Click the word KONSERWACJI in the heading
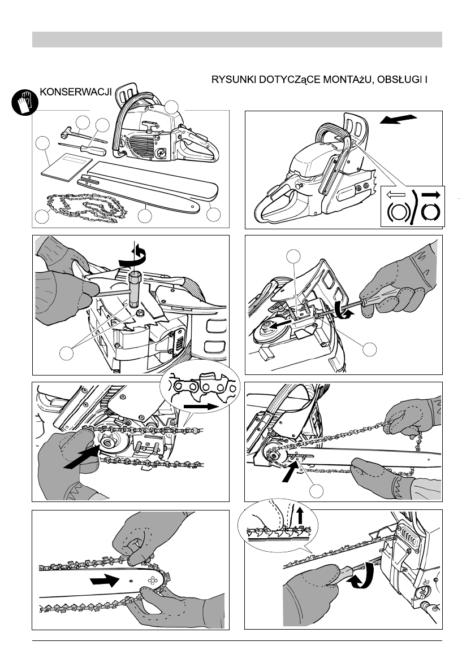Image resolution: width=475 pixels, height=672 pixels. pyautogui.click(x=76, y=92)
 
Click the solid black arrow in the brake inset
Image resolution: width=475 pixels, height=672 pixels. pyautogui.click(x=431, y=194)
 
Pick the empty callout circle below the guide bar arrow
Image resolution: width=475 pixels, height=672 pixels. pyautogui.click(x=318, y=490)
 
